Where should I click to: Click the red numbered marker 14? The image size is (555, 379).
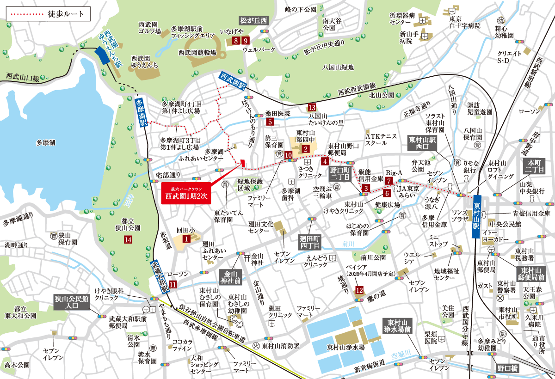pyautogui.click(x=128, y=239)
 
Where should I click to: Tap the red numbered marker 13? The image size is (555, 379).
pyautogui.click(x=312, y=108)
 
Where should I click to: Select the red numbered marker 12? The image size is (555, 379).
pyautogui.click(x=359, y=290)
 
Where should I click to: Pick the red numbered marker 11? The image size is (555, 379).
pyautogui.click(x=173, y=284)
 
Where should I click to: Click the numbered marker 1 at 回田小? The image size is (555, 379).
pyautogui.click(x=186, y=238)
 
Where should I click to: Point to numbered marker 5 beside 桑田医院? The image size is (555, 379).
pyautogui.click(x=271, y=122)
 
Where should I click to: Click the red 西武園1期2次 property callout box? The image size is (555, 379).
pyautogui.click(x=186, y=192)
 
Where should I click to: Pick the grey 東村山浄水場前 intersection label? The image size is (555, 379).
pyautogui.click(x=397, y=326)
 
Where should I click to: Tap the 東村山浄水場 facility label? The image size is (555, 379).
pyautogui.click(x=346, y=347)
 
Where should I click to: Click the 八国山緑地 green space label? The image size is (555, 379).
pyautogui.click(x=338, y=67)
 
